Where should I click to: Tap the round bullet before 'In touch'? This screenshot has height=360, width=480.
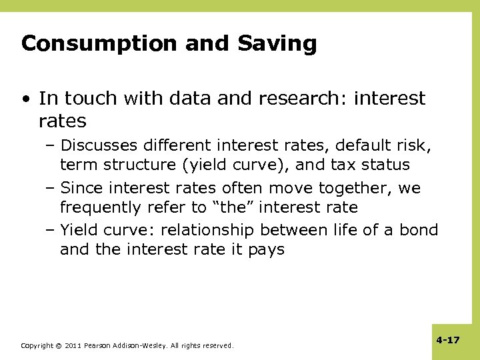25,99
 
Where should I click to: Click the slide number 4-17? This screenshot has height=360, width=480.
447,340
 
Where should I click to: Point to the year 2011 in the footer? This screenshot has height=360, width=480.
73,346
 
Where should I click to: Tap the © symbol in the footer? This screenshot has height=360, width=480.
58,346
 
